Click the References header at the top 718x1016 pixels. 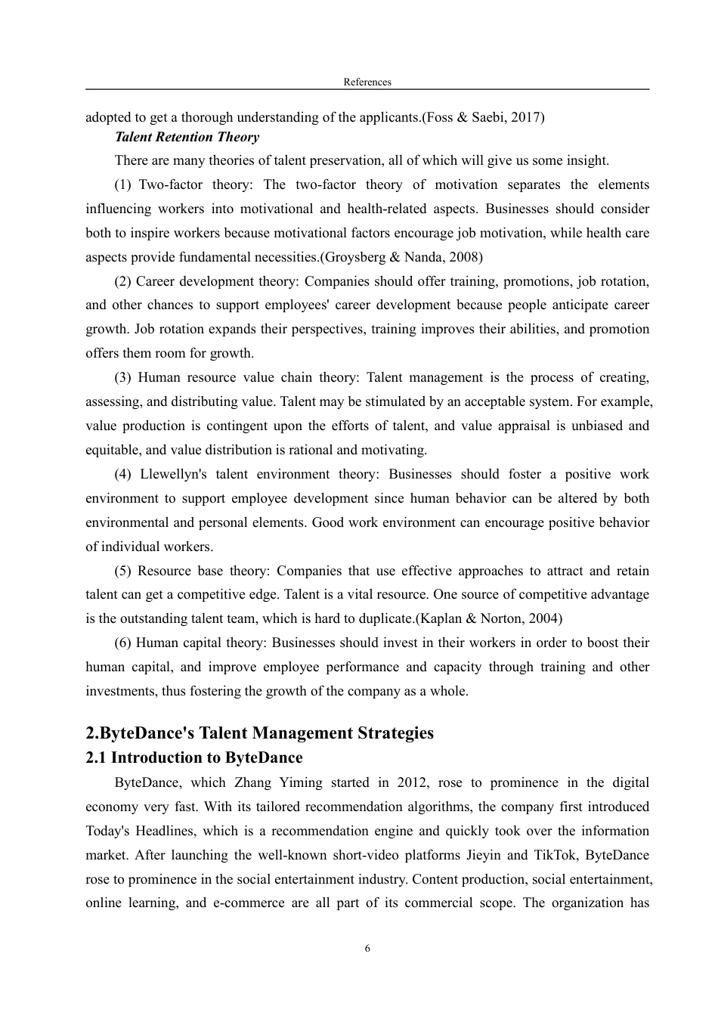click(x=367, y=82)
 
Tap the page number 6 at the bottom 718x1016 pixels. click(x=367, y=949)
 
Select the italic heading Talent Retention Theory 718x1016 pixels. click(x=187, y=137)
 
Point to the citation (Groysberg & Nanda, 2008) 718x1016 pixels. click(x=401, y=257)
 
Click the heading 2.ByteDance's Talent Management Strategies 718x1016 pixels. click(x=260, y=733)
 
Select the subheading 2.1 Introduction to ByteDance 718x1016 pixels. click(x=194, y=757)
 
